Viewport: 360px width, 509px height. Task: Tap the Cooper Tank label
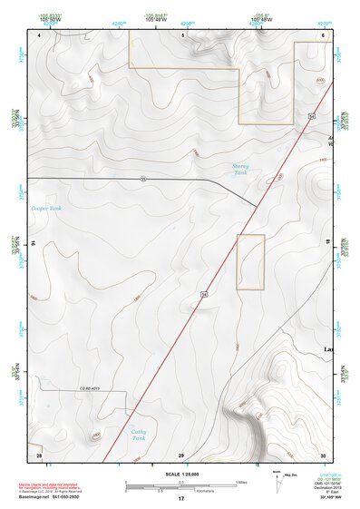47,209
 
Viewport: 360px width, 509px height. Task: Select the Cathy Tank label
138,435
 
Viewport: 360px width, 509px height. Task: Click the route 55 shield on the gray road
143,179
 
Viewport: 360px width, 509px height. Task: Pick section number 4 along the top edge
40,34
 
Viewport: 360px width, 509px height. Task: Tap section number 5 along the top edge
181,34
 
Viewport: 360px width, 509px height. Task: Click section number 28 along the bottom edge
38,454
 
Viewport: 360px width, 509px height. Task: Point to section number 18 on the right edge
327,243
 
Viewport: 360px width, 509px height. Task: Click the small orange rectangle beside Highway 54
250,261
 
